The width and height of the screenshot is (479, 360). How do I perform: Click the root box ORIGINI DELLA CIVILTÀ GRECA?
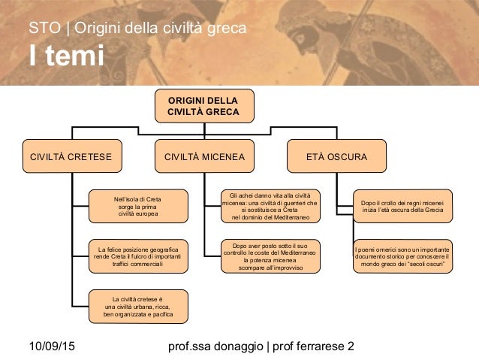coord(203,106)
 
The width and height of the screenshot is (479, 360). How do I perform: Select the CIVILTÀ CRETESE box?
coord(71,157)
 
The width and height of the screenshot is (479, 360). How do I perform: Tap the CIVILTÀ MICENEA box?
coord(204,157)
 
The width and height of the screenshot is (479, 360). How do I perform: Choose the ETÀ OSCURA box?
coord(337,157)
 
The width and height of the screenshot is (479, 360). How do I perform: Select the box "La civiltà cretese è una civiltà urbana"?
coord(138,306)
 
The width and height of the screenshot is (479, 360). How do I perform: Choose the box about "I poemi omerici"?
coord(403,256)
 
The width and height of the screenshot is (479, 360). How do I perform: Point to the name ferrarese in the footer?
coord(315,346)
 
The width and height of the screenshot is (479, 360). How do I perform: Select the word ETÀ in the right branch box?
coord(318,157)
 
